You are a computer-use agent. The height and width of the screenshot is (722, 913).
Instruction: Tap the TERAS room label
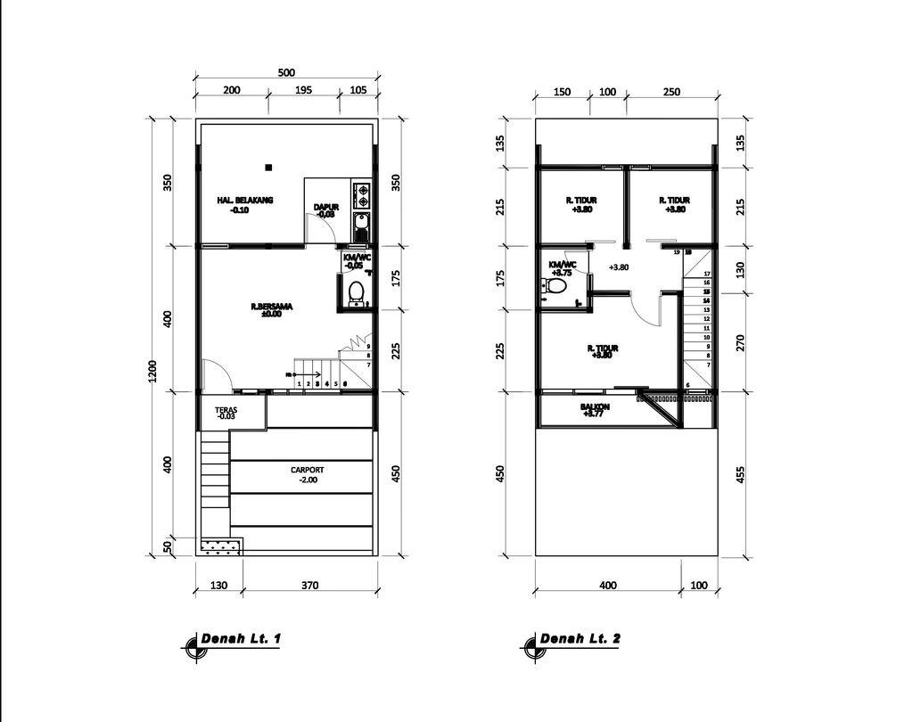pos(226,412)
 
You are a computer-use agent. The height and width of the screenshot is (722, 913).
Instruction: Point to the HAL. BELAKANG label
pos(245,201)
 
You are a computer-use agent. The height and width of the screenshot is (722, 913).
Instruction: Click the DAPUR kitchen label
pos(325,208)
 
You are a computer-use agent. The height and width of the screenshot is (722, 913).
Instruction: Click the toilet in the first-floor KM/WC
pos(357,291)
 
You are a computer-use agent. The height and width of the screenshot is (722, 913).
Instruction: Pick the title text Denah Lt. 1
pos(242,639)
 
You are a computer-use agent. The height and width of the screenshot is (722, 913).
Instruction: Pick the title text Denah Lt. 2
pos(580,639)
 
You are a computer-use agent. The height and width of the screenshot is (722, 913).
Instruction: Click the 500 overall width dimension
pos(285,73)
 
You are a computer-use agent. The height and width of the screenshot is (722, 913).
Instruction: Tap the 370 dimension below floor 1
pos(309,586)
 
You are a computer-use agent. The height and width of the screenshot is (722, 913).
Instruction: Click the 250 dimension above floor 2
pos(671,92)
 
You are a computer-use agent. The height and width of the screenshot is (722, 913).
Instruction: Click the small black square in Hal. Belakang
pos(267,166)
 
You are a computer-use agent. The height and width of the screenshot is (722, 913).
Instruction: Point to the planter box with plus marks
pos(220,546)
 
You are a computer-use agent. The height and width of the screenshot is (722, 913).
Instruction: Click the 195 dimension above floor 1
pos(302,91)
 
